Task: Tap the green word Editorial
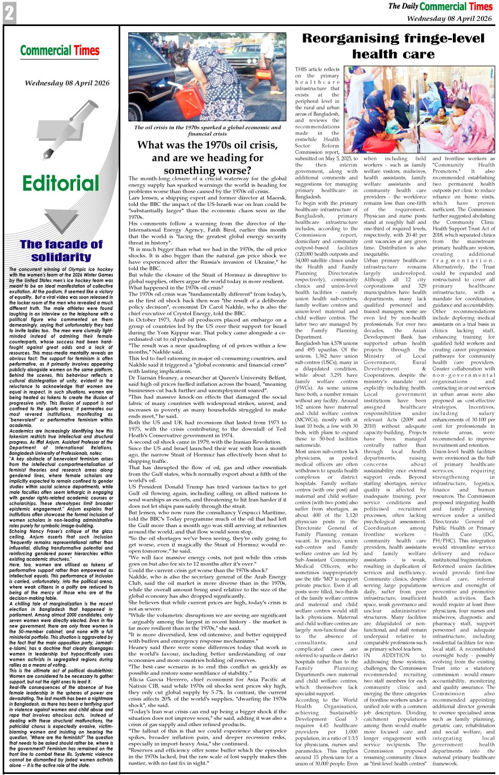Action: click(60, 183)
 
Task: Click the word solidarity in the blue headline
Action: click(61, 257)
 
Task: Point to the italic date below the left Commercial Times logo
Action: click(67, 83)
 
